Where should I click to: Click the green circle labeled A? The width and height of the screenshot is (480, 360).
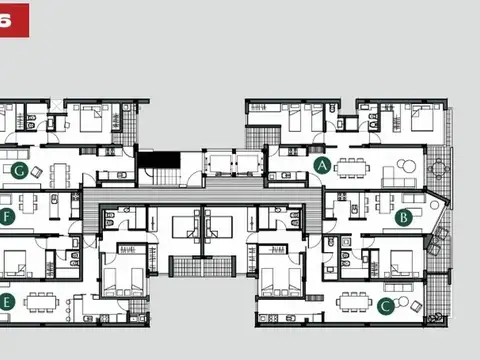322,164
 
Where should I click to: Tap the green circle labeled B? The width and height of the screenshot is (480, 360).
404,216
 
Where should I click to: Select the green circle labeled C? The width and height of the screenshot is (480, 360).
386,307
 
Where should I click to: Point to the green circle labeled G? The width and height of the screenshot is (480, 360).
20,170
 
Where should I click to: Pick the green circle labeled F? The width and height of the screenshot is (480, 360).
7,216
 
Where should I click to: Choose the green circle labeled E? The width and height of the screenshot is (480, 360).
6,301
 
